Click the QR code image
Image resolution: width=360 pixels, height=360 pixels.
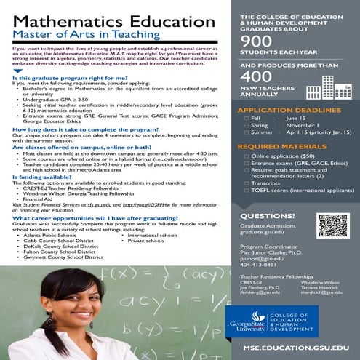click(x=333, y=226)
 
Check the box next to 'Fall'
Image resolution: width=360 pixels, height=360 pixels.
click(x=247, y=118)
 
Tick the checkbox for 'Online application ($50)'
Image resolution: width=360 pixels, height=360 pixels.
click(x=247, y=156)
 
